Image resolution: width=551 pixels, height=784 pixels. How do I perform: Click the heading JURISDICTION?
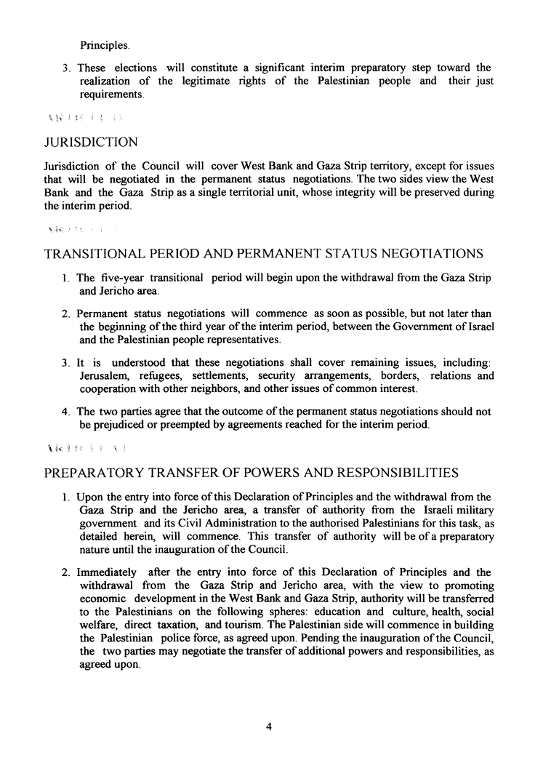point(91,143)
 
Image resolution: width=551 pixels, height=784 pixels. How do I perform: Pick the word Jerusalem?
point(104,376)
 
